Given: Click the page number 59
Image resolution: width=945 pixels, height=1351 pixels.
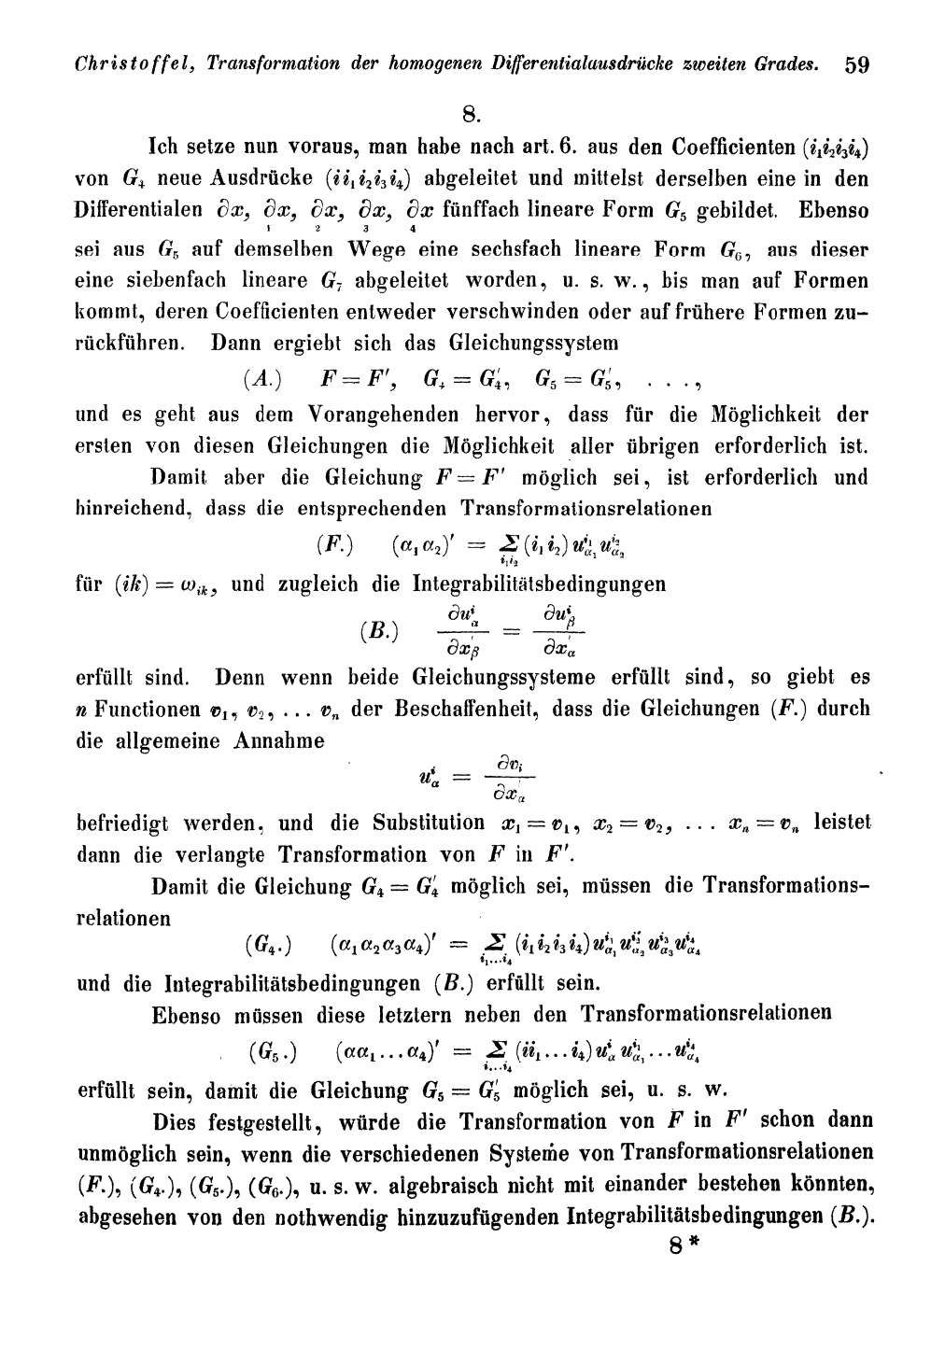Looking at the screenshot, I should (x=856, y=65).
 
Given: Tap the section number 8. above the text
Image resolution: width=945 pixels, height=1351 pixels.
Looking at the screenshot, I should (x=472, y=115).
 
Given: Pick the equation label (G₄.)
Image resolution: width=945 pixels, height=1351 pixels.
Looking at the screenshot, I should (x=269, y=946).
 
